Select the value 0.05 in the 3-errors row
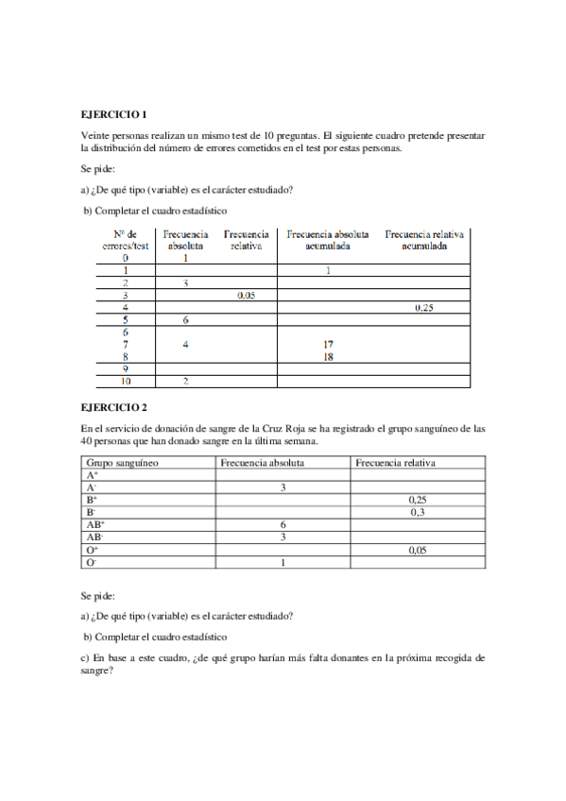[248, 296]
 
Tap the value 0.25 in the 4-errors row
[424, 308]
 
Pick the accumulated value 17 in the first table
[327, 345]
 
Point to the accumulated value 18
[327, 357]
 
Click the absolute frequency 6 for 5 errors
[185, 320]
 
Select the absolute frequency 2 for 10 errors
[185, 382]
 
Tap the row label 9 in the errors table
[125, 369]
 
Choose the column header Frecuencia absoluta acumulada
[327, 239]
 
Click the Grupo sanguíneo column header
[122, 464]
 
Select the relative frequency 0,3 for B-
[417, 512]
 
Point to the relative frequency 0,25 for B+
[417, 500]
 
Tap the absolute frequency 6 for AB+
[283, 524]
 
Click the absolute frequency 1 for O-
[283, 562]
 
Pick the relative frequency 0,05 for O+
[417, 550]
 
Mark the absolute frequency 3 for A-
[283, 487]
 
